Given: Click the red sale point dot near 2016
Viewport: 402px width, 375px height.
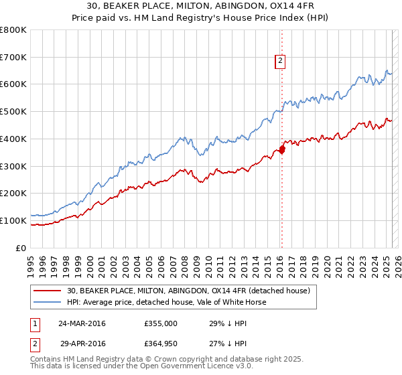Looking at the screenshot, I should (281, 149).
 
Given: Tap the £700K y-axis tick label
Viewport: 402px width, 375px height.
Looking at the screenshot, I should (14, 57).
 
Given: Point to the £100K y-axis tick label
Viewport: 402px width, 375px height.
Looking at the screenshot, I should (14, 220).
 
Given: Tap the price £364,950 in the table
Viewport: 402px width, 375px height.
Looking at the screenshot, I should (161, 344).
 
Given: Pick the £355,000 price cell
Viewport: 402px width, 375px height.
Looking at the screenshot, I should (161, 323).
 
